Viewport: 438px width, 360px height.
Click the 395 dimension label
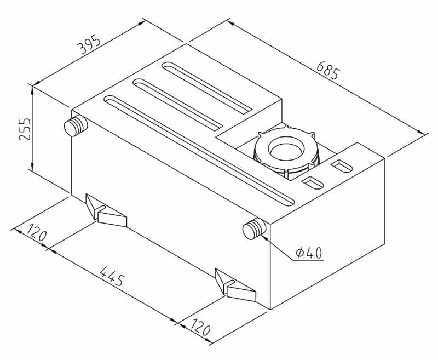point(89,44)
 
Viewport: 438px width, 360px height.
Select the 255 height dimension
point(24,129)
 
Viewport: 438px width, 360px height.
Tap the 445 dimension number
point(112,276)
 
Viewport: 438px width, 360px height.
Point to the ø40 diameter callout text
point(309,253)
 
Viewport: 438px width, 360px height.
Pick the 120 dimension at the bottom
point(200,327)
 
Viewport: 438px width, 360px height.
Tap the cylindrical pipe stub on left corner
point(76,126)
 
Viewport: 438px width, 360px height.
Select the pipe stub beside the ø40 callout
point(254,229)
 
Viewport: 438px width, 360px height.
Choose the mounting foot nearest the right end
point(235,285)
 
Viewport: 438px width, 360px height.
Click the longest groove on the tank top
point(199,151)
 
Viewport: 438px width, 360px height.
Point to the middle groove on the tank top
point(177,105)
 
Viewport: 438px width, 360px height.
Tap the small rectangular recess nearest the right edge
point(342,167)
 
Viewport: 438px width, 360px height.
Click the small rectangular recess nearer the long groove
point(313,183)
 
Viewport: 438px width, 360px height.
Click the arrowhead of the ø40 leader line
point(264,238)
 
